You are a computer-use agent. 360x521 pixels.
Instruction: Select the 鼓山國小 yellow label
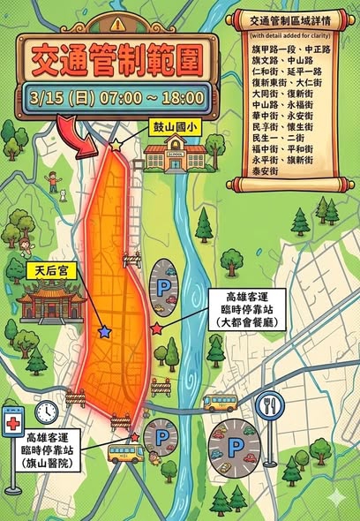tap(176, 127)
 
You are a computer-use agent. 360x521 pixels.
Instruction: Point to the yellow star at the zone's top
tap(116, 143)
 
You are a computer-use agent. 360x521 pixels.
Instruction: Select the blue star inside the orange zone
tap(105, 331)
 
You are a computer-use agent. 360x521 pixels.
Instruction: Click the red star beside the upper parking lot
tap(157, 328)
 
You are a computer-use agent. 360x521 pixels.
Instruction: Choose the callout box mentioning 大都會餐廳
tap(246, 309)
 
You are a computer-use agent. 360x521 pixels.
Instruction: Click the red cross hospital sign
tap(13, 423)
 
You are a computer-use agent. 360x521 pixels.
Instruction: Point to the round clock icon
tap(47, 412)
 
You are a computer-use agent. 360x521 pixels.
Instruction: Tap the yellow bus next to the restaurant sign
tap(219, 404)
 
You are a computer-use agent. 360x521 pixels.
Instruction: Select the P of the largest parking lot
tap(234, 447)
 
